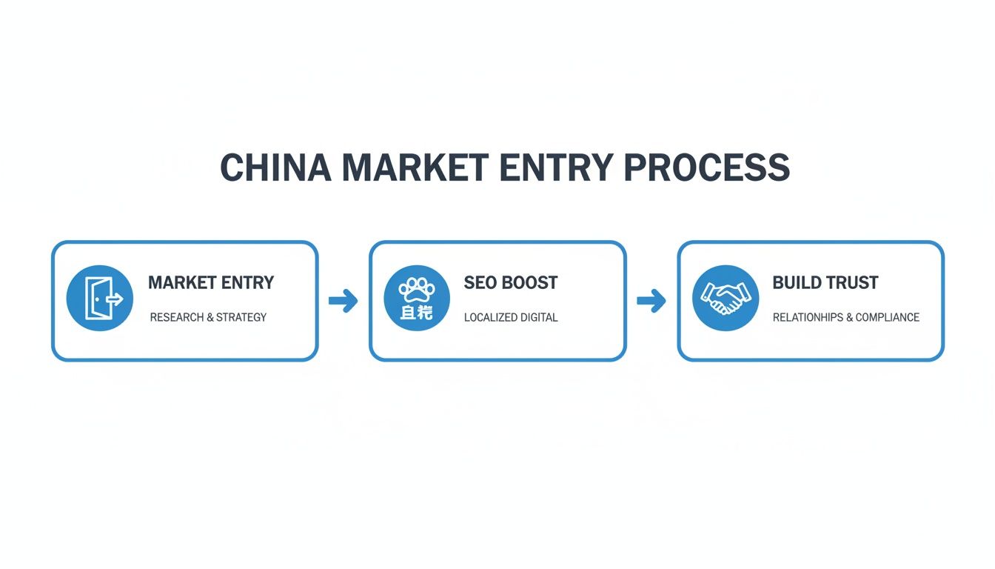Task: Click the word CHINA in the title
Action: click(x=275, y=168)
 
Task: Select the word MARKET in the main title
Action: click(x=415, y=168)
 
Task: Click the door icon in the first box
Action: click(x=100, y=299)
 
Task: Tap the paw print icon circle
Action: click(x=417, y=299)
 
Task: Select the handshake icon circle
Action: click(x=726, y=299)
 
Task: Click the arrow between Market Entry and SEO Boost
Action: click(x=343, y=301)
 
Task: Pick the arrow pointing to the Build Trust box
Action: click(x=651, y=301)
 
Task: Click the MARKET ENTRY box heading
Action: click(x=211, y=283)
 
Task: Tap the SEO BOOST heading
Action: click(x=511, y=283)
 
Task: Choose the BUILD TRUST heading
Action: click(x=825, y=283)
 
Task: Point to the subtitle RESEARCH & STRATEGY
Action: click(x=208, y=317)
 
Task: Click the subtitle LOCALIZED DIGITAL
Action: click(x=511, y=318)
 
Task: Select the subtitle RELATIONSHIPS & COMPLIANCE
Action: click(x=846, y=317)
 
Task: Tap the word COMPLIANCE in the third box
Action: click(x=888, y=317)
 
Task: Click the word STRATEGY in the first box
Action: click(x=241, y=317)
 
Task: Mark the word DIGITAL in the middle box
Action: click(x=539, y=318)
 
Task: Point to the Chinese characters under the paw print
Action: click(x=416, y=313)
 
